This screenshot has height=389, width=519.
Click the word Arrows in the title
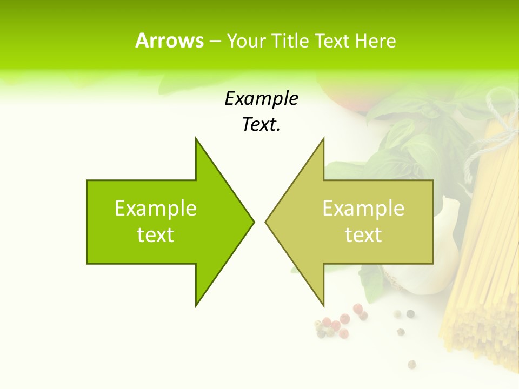tap(169, 41)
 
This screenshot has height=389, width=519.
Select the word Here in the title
tap(376, 41)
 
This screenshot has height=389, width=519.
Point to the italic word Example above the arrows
tap(262, 99)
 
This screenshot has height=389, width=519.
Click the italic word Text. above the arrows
tap(262, 125)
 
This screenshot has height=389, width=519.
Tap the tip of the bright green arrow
tap(254, 222)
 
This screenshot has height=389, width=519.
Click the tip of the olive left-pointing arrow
tap(265, 222)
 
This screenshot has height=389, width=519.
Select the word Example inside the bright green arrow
tap(156, 209)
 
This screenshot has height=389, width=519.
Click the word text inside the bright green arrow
tap(156, 235)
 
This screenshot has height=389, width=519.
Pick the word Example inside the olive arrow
tap(363, 209)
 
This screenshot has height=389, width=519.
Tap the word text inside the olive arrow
tap(363, 235)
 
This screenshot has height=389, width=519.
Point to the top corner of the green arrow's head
tap(196, 138)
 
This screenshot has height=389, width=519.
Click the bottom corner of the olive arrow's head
tap(323, 306)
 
